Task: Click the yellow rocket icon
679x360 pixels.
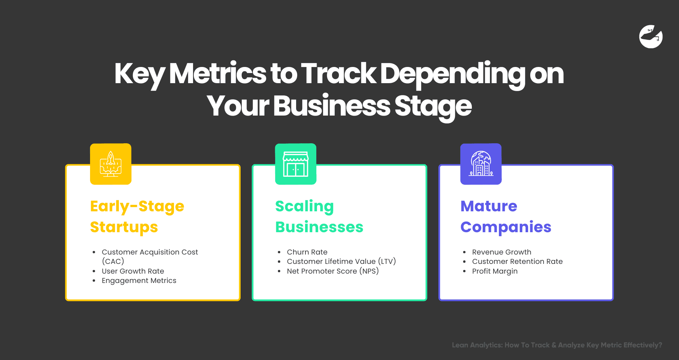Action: pyautogui.click(x=111, y=164)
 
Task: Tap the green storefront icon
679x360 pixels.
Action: pyautogui.click(x=296, y=164)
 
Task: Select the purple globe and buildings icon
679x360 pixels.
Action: pyautogui.click(x=481, y=164)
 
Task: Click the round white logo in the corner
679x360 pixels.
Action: pyautogui.click(x=651, y=37)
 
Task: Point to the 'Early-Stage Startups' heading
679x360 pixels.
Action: pyautogui.click(x=137, y=216)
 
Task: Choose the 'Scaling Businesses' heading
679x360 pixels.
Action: pyautogui.click(x=319, y=216)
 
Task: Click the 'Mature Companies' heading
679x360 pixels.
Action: pyautogui.click(x=506, y=216)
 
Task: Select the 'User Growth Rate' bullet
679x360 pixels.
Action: pyautogui.click(x=133, y=271)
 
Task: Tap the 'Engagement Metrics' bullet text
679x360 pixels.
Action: pyautogui.click(x=139, y=281)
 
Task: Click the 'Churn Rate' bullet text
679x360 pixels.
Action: pyautogui.click(x=307, y=252)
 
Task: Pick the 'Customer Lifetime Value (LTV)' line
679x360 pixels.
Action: pyautogui.click(x=341, y=261)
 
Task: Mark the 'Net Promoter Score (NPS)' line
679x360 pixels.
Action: pyautogui.click(x=333, y=271)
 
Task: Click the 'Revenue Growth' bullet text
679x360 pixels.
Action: pyautogui.click(x=502, y=252)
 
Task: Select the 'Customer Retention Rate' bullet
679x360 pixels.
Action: pyautogui.click(x=517, y=261)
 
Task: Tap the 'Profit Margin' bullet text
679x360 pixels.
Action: pyautogui.click(x=495, y=271)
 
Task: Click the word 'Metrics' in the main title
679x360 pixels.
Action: pyautogui.click(x=218, y=74)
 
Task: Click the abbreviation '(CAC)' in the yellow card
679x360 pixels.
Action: pyautogui.click(x=113, y=261)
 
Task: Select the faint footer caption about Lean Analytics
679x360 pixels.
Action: pyautogui.click(x=557, y=345)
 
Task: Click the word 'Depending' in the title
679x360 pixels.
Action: pyautogui.click(x=453, y=74)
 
